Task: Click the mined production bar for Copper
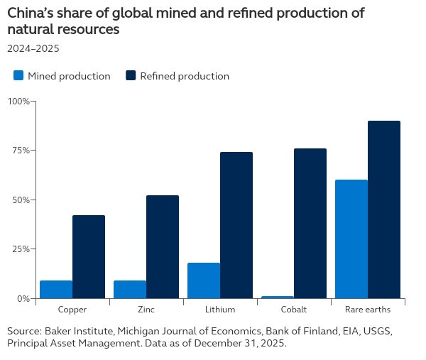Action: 56,290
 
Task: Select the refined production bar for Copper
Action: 89,257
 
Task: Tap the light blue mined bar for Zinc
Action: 130,290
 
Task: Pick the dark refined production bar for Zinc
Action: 163,246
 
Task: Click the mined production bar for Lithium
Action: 204,280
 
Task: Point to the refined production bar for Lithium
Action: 236,225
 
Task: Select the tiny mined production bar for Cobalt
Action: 278,298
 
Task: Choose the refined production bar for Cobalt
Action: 310,224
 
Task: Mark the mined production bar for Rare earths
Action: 351,239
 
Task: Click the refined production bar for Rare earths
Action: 384,209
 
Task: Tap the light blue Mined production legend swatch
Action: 18,75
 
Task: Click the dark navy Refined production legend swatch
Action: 131,75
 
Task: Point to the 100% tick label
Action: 18,102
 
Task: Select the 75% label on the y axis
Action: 21,151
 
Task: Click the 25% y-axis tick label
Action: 21,249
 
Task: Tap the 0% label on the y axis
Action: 23,299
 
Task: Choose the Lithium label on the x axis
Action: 220,310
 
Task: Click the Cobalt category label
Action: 294,310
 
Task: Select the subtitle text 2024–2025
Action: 33,48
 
